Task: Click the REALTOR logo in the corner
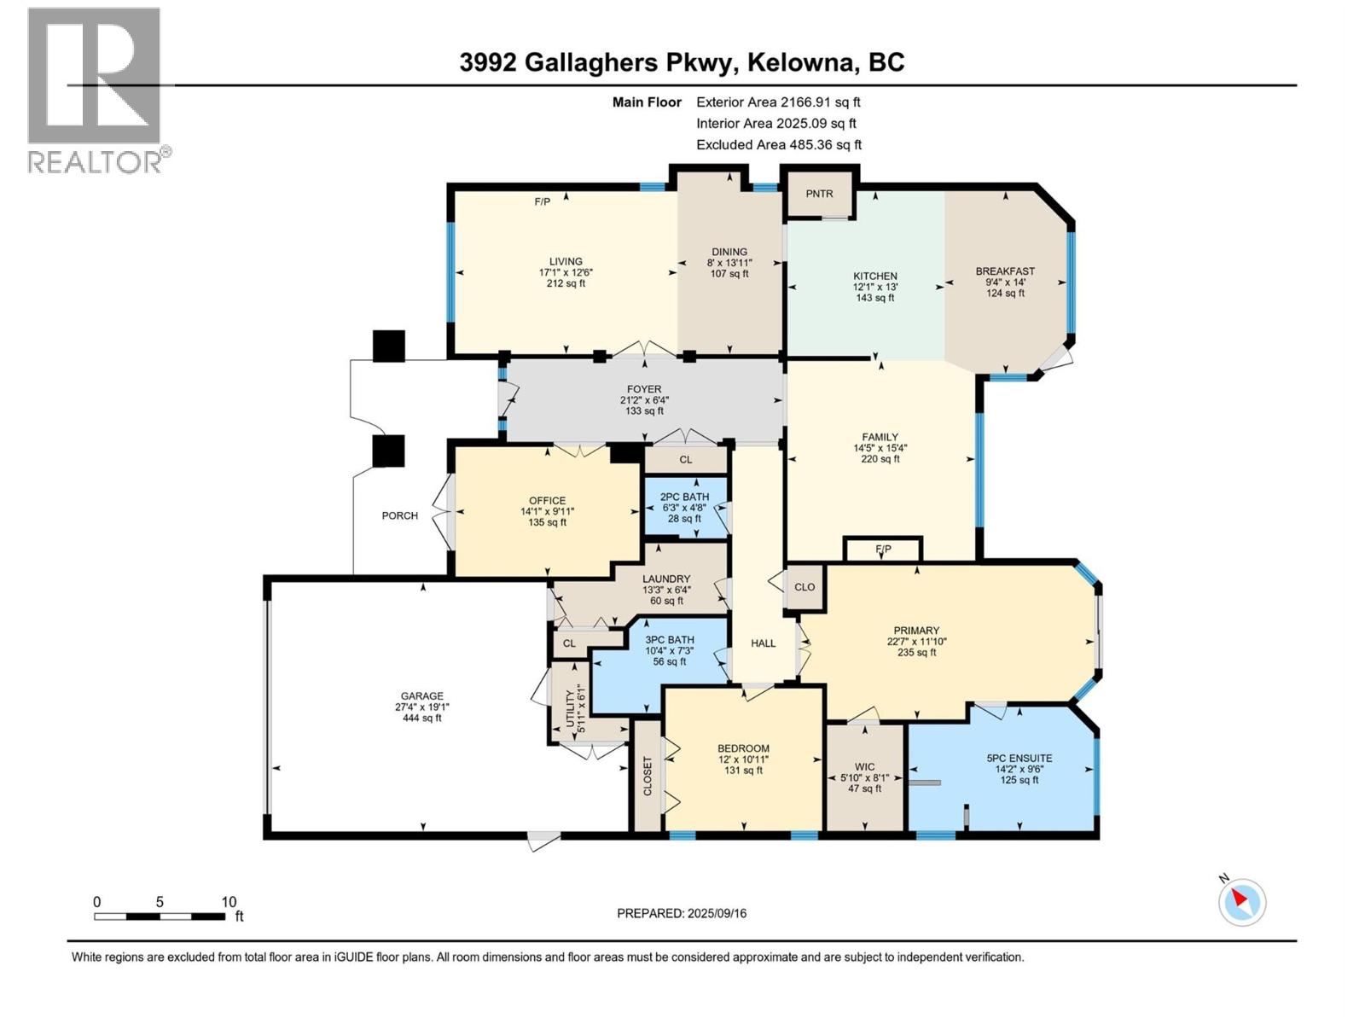[x=95, y=90]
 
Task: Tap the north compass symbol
[x=1241, y=901]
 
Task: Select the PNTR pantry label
[x=819, y=194]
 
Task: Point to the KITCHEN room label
[x=875, y=276]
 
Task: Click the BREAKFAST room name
[x=1005, y=271]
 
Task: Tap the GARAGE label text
[x=422, y=695]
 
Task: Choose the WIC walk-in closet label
[x=864, y=767]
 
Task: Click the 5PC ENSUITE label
[x=1019, y=758]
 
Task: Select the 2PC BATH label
[x=684, y=497]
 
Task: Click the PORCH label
[x=400, y=515]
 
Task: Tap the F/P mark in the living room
[x=542, y=202]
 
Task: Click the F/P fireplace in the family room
[x=883, y=549]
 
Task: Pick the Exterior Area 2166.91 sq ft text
[x=778, y=102]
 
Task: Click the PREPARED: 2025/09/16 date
[x=682, y=913]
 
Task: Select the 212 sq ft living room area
[x=566, y=283]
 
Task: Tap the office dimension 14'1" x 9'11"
[x=547, y=512]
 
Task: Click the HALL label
[x=763, y=643]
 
